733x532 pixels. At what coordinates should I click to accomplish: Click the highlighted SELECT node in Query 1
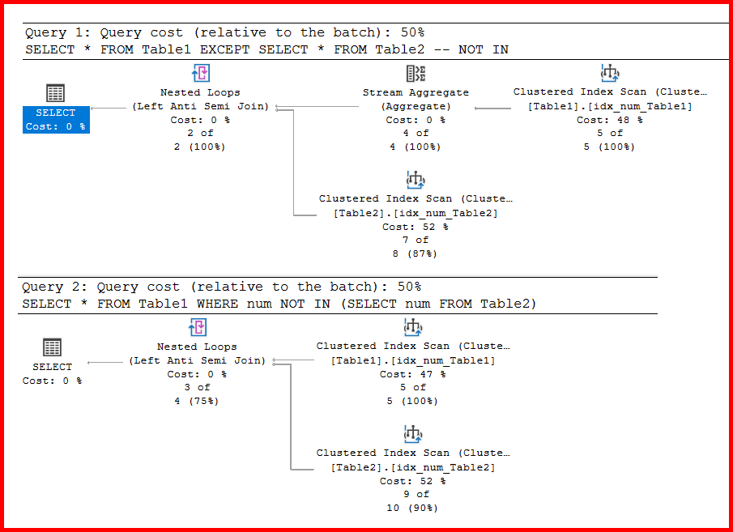click(55, 119)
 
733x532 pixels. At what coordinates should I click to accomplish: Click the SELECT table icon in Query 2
click(52, 347)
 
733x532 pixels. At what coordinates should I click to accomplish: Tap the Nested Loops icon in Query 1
click(200, 74)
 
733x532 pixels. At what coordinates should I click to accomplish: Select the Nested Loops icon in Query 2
click(198, 327)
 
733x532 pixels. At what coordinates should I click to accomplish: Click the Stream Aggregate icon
click(416, 74)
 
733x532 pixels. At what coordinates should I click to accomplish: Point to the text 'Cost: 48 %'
click(610, 120)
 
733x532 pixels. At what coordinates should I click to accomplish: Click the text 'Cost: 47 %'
click(412, 374)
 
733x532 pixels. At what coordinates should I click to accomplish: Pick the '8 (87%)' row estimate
click(416, 253)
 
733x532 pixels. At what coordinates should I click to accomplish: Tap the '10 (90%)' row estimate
click(413, 508)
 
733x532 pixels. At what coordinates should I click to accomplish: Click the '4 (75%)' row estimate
click(197, 401)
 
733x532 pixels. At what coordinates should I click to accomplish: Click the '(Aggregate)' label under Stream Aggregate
click(416, 106)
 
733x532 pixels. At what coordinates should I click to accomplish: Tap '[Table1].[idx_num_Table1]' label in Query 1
click(610, 106)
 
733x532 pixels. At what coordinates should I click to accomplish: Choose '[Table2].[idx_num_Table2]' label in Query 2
click(413, 467)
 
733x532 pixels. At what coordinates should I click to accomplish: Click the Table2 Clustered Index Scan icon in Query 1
click(416, 180)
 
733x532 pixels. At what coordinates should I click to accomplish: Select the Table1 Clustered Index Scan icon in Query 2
click(413, 327)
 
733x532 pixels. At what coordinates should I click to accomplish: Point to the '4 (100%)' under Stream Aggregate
click(416, 147)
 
